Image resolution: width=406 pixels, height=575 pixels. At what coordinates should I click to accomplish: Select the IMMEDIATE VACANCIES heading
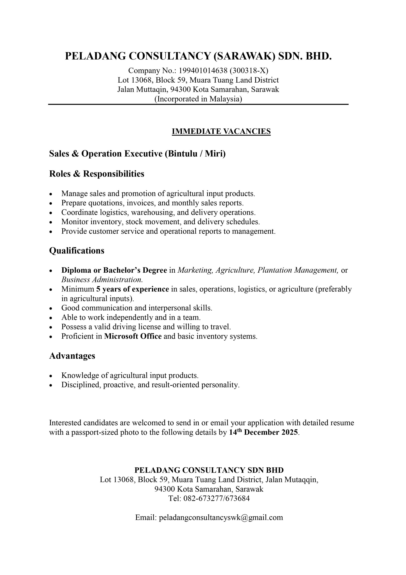(221, 131)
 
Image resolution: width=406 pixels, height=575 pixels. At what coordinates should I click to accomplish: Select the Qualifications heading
(76, 250)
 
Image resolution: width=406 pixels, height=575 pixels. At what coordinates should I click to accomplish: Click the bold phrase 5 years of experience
(133, 289)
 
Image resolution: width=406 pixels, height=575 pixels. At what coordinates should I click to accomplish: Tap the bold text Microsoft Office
(133, 336)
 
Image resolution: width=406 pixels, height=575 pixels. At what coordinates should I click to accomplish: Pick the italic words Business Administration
(102, 279)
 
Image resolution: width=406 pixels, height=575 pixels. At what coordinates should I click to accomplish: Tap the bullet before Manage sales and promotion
(51, 194)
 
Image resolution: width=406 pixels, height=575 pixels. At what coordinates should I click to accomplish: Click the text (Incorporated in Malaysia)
(198, 99)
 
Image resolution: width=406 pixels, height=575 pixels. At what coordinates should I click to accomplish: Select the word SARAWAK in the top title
(244, 56)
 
